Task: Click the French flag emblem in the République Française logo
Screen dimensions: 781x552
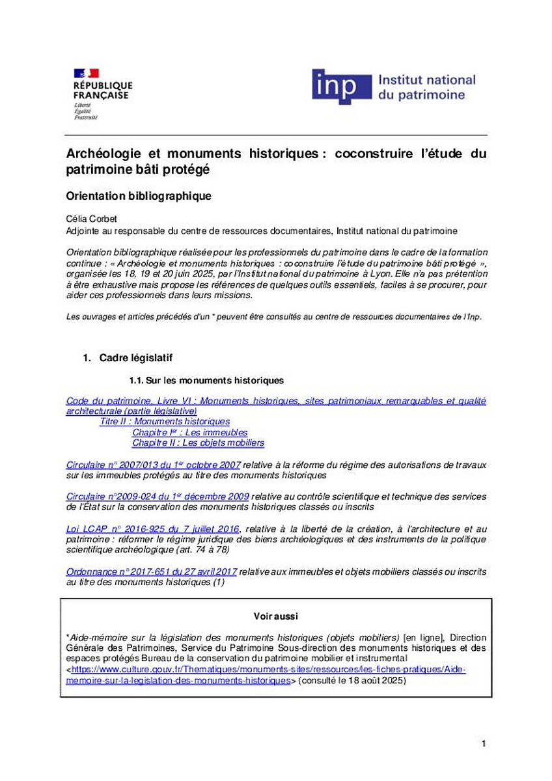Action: (85, 73)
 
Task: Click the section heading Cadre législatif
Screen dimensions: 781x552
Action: (135, 358)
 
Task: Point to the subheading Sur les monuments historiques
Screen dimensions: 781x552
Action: (206, 380)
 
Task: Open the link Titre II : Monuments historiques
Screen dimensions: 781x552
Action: (165, 422)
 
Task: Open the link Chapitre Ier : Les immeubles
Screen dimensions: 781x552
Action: (189, 432)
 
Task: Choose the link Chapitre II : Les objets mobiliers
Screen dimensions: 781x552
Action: (198, 443)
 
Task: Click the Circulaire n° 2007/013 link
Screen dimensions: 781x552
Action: (154, 465)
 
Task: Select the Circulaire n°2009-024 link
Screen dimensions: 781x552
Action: (158, 497)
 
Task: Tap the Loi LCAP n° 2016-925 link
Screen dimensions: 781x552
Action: (153, 529)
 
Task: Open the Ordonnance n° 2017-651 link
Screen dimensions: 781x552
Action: (152, 571)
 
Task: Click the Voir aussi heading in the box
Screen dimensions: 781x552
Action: (275, 616)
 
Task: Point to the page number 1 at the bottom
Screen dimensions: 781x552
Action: (484, 743)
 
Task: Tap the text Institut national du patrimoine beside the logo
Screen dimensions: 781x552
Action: (426, 87)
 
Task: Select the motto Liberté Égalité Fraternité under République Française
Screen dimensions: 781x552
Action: (85, 111)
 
